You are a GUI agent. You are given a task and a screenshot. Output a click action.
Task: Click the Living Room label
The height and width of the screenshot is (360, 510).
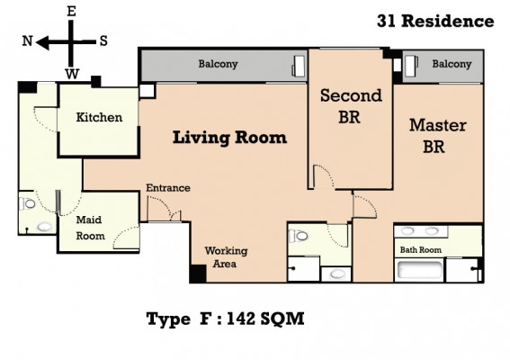coord(229,138)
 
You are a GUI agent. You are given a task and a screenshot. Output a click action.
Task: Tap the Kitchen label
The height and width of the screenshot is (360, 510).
coord(99,117)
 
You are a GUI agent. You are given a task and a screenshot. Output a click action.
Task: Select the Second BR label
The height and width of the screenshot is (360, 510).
coord(351,106)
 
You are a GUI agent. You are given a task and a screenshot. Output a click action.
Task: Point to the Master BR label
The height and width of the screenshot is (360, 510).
coord(437,136)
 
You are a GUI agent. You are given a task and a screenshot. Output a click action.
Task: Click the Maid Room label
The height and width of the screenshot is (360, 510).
coord(90,228)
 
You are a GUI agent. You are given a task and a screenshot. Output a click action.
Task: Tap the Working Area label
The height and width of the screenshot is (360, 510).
coord(226,257)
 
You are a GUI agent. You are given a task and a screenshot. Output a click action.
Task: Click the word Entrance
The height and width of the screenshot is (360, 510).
coord(168,188)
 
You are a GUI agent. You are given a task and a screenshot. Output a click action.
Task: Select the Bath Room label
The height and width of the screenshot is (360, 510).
coord(421,249)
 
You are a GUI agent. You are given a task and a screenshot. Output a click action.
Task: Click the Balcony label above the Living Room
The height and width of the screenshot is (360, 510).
coord(218,64)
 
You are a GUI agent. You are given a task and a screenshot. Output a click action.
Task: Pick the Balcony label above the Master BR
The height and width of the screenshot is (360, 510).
coord(452,64)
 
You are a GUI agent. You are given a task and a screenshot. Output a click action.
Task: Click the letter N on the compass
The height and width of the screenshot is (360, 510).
coord(27,41)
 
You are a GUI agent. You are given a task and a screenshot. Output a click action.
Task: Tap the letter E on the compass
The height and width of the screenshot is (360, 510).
coord(71,12)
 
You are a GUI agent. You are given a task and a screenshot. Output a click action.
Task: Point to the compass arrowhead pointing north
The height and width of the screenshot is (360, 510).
coord(42,42)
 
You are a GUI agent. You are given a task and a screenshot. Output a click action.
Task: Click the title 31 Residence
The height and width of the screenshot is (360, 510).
coord(435,22)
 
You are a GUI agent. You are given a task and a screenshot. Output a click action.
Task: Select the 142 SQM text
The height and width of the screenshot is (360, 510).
coord(265,319)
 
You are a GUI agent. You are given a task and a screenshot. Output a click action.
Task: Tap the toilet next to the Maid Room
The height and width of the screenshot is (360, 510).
coord(27,203)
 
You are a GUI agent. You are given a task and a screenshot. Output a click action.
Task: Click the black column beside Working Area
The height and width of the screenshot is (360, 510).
coord(198,274)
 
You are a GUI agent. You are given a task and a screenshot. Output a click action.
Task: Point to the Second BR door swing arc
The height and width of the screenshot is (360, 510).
coord(326,174)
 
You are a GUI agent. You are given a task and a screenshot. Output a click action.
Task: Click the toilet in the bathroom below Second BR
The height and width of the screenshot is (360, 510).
coord(298,236)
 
